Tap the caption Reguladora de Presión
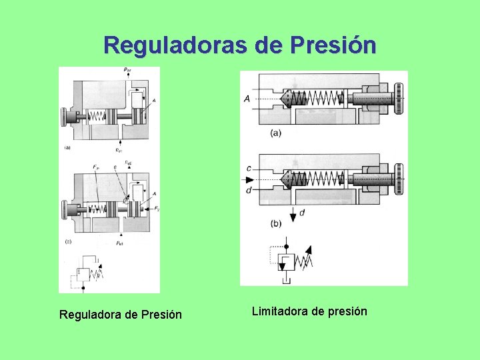(121, 314)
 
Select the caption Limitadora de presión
(309, 311)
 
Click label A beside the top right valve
(247, 99)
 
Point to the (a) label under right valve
(276, 133)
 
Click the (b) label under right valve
(276, 223)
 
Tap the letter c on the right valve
(248, 169)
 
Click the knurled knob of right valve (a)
(399, 99)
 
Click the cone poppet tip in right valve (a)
(286, 99)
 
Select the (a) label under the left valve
(68, 147)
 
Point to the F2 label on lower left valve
(156, 209)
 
